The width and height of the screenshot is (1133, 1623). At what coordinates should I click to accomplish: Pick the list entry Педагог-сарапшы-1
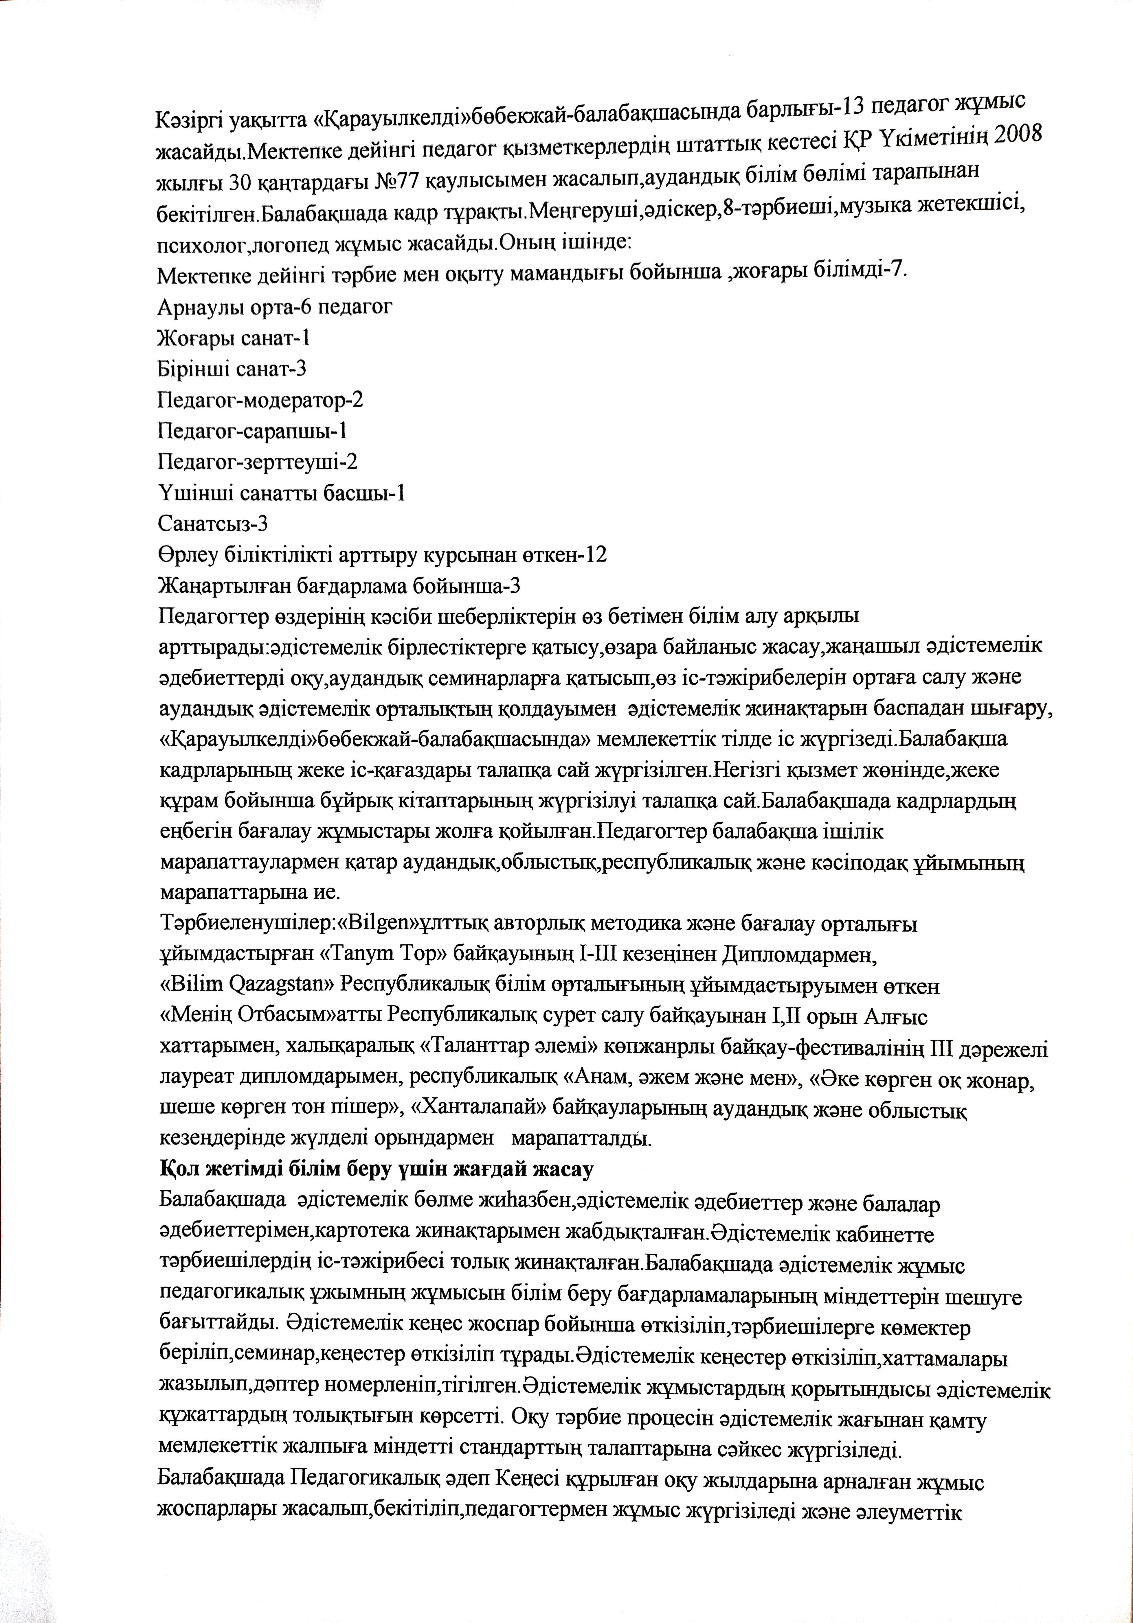pyautogui.click(x=252, y=431)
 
